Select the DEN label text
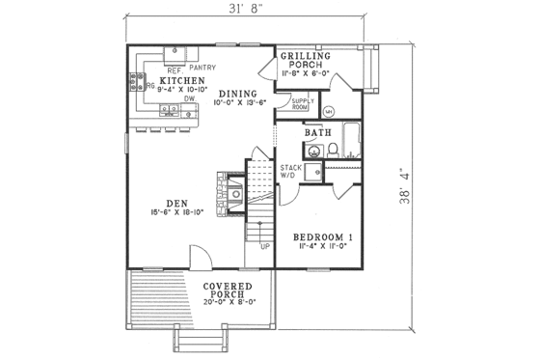[x=175, y=203]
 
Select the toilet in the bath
[x=332, y=150]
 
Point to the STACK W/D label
[x=290, y=172]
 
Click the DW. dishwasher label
[x=191, y=98]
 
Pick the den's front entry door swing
[x=195, y=256]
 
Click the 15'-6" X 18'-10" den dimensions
[x=175, y=212]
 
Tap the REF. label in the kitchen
[x=175, y=69]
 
